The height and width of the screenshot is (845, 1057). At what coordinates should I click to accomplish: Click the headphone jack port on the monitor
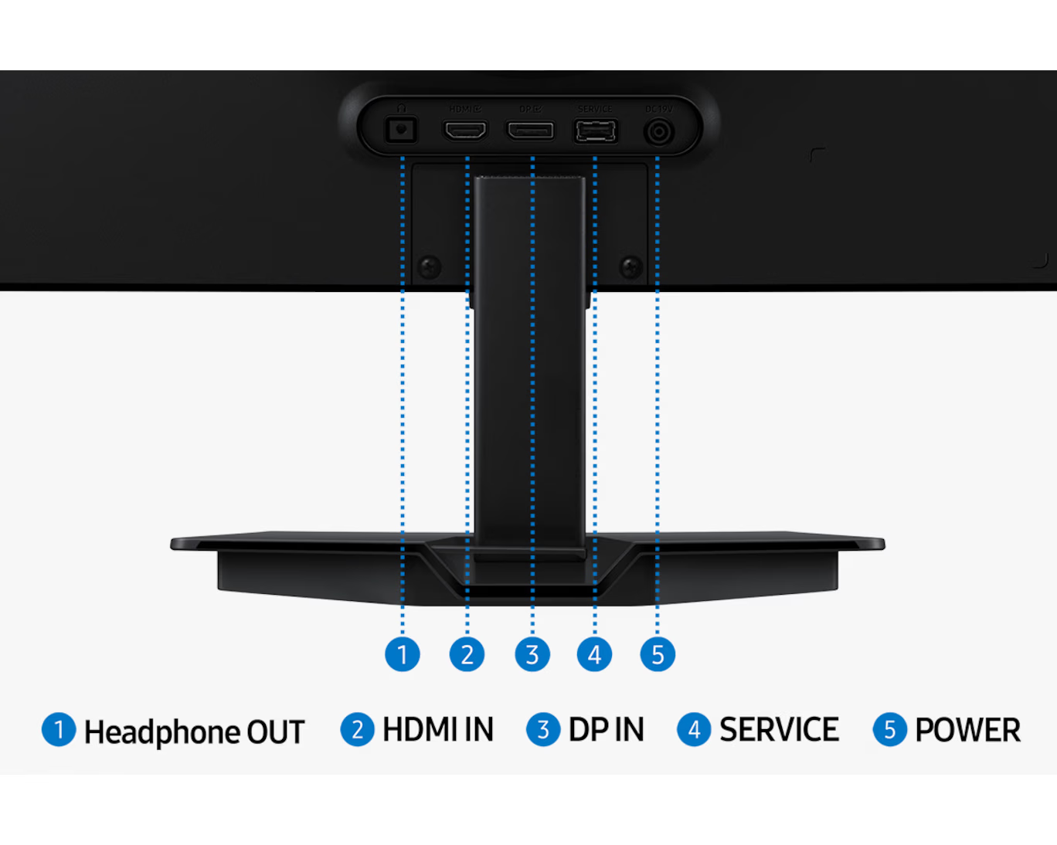[401, 130]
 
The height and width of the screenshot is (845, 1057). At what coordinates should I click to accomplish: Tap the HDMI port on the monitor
[465, 131]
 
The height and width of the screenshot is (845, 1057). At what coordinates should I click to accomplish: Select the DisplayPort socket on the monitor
[530, 131]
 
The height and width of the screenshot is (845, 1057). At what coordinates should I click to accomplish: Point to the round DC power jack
[658, 132]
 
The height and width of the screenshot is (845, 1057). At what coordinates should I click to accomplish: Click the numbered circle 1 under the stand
[402, 654]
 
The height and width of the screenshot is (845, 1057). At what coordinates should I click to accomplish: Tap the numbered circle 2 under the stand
[467, 654]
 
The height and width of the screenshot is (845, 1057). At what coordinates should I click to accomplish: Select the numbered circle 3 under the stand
[532, 654]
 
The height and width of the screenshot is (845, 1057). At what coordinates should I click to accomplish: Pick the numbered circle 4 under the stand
[594, 654]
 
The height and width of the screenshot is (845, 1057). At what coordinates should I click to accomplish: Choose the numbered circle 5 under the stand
[658, 654]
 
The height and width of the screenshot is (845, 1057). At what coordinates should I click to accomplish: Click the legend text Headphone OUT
[194, 731]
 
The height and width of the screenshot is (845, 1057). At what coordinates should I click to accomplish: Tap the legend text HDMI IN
[438, 730]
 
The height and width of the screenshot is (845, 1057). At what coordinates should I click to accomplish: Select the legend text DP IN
[607, 730]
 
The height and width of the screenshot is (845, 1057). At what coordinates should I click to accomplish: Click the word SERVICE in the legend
[779, 730]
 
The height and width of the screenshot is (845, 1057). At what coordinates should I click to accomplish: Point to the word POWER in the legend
[967, 730]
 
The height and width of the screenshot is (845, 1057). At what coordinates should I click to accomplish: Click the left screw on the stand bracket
[430, 267]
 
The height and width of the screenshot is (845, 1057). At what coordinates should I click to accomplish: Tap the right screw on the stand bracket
[631, 267]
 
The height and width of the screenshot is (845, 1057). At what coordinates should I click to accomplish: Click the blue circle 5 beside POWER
[889, 730]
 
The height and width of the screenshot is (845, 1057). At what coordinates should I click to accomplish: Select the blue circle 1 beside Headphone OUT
[59, 730]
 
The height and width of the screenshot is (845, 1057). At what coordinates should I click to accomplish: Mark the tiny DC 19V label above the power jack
[659, 110]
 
